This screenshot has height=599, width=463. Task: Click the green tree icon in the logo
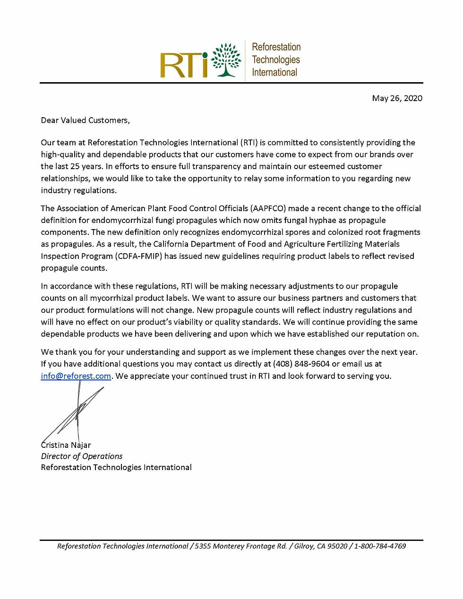pyautogui.click(x=226, y=60)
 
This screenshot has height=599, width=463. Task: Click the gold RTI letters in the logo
pyautogui.click(x=184, y=65)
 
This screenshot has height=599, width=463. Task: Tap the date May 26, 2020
pyautogui.click(x=397, y=98)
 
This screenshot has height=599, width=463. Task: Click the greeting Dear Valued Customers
pyautogui.click(x=85, y=120)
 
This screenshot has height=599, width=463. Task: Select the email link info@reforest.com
pyautogui.click(x=76, y=376)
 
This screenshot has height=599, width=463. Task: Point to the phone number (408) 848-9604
pyautogui.click(x=301, y=364)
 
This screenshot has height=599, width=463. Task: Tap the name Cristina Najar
pyautogui.click(x=66, y=445)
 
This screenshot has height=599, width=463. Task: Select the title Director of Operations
pyautogui.click(x=82, y=456)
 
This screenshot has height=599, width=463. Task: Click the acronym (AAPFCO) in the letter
pyautogui.click(x=268, y=208)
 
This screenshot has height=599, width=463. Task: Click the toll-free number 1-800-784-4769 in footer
pyautogui.click(x=380, y=546)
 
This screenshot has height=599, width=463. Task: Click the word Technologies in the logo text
pyautogui.click(x=276, y=60)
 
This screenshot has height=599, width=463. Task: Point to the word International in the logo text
pyautogui.click(x=274, y=72)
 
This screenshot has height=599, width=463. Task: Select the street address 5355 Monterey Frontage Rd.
pyautogui.click(x=241, y=546)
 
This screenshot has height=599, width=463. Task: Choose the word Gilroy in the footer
pyautogui.click(x=304, y=546)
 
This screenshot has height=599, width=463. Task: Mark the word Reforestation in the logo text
pyautogui.click(x=276, y=47)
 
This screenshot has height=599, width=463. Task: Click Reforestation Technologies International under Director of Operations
pyautogui.click(x=116, y=468)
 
